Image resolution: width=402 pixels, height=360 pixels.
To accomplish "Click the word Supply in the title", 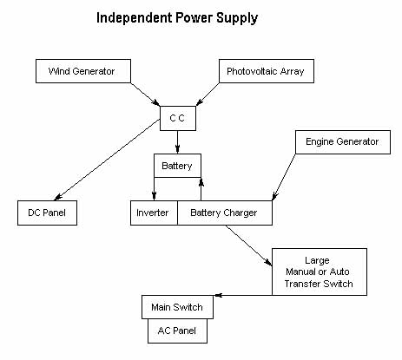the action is (237, 18).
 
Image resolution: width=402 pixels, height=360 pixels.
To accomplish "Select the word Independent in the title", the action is (134, 18).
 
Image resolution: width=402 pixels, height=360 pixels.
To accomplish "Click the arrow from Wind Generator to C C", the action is (145, 95).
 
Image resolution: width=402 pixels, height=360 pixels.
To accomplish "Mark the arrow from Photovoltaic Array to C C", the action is (208, 95).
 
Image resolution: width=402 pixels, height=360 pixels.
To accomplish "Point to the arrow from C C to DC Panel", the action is (107, 160).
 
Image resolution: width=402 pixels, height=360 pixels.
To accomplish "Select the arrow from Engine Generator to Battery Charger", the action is (284, 177).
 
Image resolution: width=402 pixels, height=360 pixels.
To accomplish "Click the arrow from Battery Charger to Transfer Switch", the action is (249, 245).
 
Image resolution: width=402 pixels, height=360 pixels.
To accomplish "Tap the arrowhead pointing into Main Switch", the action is (218, 295).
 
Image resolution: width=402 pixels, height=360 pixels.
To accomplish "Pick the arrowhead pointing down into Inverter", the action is (154, 196).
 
